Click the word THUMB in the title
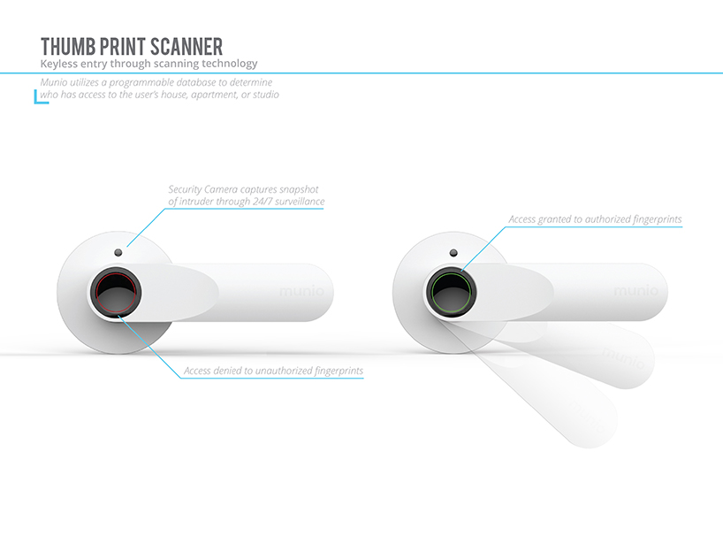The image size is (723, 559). pos(68,47)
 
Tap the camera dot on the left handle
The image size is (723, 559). pos(118,252)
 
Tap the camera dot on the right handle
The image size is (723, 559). pos(453,252)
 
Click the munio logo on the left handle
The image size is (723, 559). pos(301,291)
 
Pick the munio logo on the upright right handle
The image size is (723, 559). pos(635,291)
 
